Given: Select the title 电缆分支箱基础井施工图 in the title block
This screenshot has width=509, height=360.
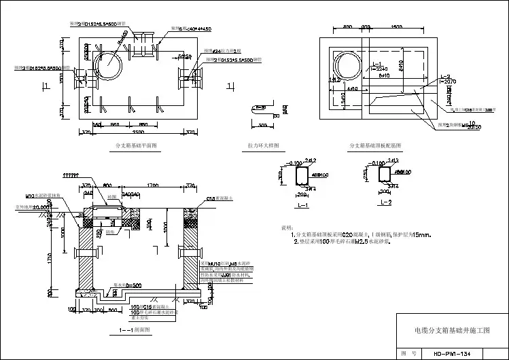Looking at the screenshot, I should click(451, 331).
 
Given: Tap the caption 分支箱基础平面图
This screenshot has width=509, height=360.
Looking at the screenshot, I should click(137, 146).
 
